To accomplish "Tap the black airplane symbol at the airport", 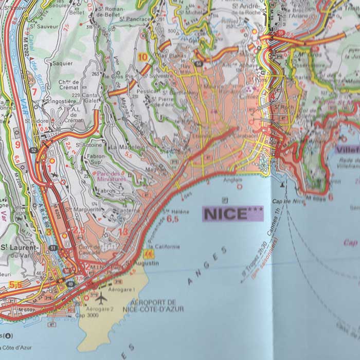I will point(101,298).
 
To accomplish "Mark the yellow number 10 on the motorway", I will point(142,57).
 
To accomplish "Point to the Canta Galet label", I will point(89,98).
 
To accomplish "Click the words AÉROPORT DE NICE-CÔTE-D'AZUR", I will point(153,305).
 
